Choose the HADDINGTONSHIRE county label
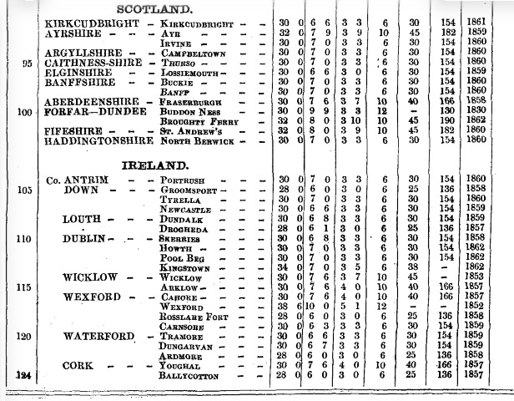click(96, 140)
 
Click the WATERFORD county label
click(98, 336)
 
